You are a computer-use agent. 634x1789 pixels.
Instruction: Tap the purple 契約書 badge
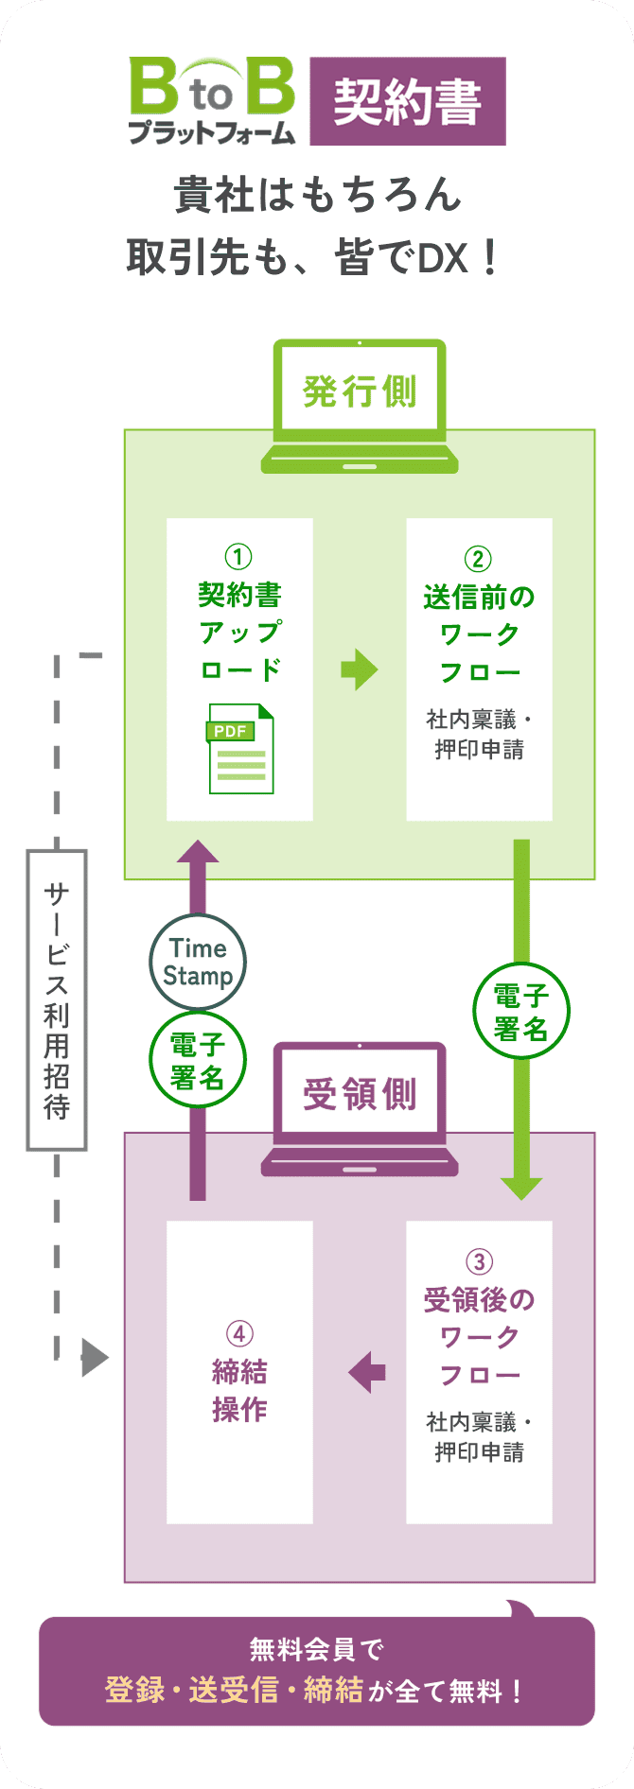408,101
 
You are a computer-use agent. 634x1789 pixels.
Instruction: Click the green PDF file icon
240,749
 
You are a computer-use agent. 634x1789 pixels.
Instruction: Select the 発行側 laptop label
360,391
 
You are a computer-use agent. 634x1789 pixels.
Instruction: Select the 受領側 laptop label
360,1094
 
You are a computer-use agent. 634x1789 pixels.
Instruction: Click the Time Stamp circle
198,963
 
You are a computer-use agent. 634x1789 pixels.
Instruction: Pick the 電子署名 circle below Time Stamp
198,1061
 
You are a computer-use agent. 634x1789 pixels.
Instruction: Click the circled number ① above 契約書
238,557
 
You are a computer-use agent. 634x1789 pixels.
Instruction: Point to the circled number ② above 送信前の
479,559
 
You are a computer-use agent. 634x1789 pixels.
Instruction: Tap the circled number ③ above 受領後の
479,1261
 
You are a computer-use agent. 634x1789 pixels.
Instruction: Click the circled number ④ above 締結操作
239,1334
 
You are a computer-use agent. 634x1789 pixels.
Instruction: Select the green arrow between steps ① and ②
360,669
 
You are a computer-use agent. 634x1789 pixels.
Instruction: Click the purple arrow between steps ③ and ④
367,1371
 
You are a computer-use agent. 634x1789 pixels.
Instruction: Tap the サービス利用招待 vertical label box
57,999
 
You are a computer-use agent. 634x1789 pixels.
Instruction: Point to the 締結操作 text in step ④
239,1390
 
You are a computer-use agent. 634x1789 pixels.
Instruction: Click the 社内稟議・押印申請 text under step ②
479,735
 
